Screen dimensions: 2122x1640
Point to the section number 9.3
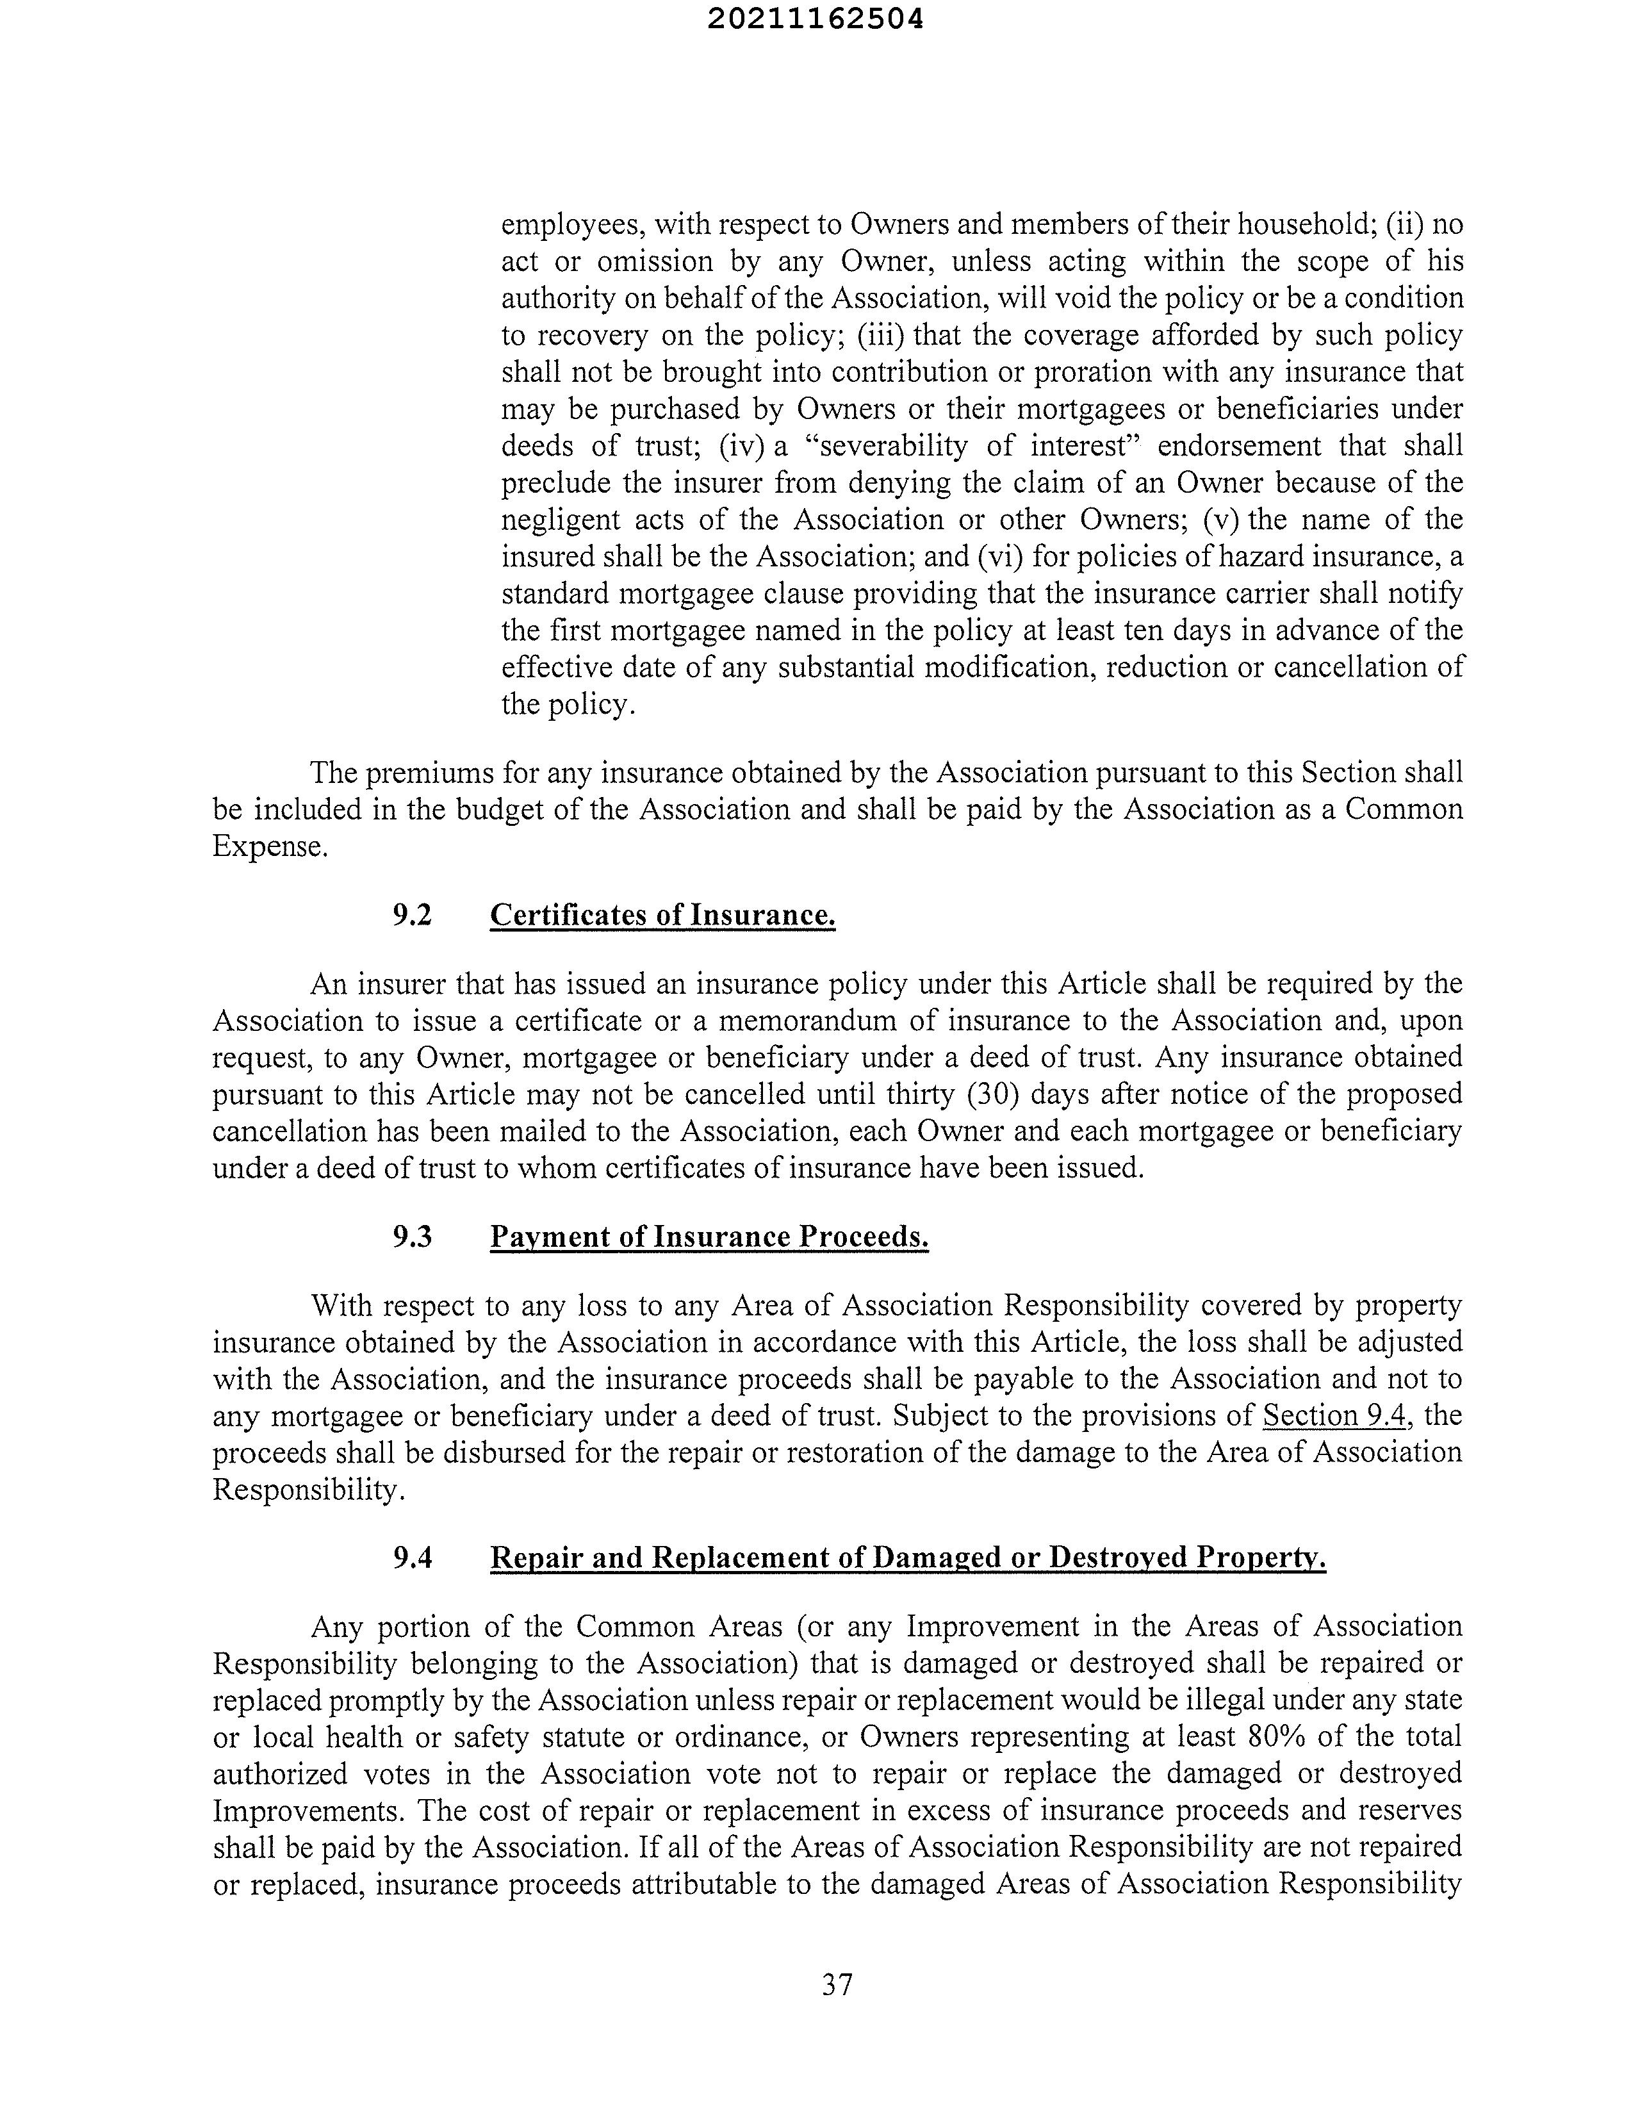412,1236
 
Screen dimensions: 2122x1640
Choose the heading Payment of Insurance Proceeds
709,1236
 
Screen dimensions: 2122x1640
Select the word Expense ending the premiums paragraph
269,846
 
